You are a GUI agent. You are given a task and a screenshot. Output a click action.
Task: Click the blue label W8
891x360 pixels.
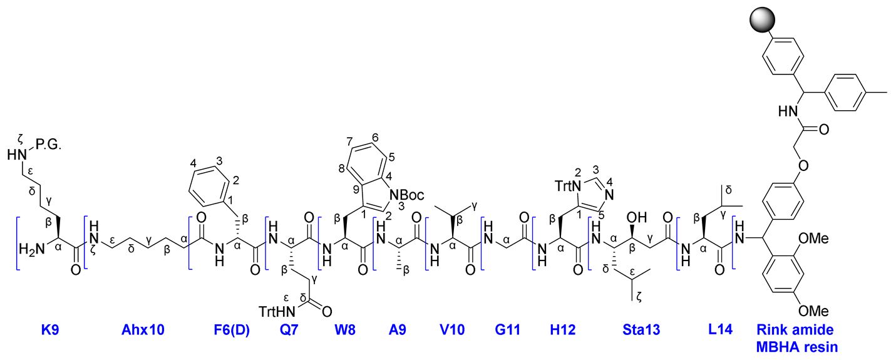tap(344, 330)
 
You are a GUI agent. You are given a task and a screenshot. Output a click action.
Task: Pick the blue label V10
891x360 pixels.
tap(451, 330)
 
